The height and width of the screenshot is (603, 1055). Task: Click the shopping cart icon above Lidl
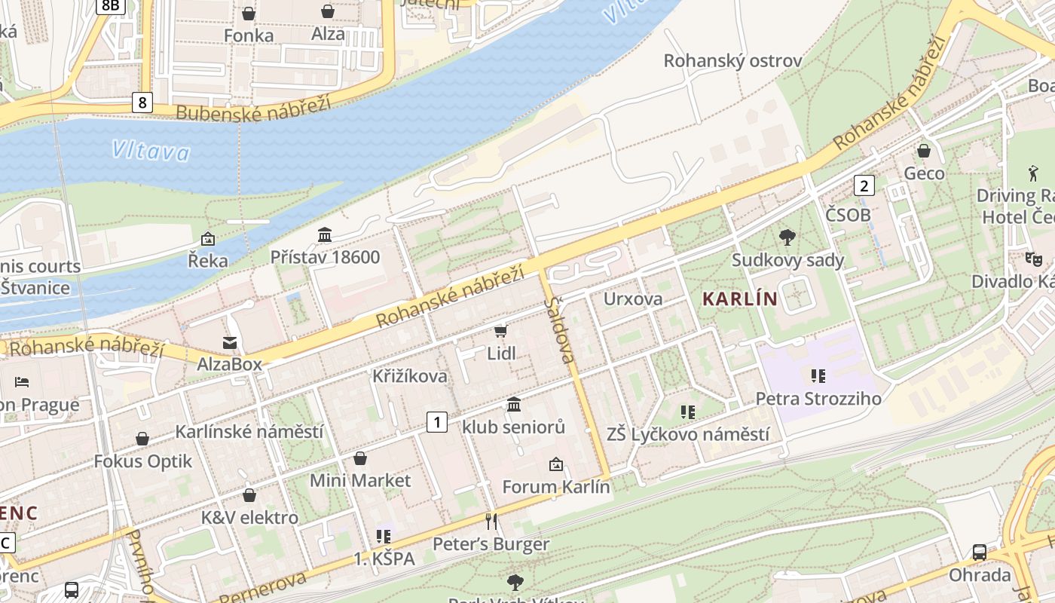click(501, 330)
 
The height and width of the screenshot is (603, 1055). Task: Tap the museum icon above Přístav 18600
click(325, 235)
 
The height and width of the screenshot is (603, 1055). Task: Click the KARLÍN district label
click(739, 298)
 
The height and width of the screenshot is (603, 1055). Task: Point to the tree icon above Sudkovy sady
click(787, 237)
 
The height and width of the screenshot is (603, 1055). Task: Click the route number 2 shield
click(864, 185)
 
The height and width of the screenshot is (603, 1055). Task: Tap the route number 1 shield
click(437, 422)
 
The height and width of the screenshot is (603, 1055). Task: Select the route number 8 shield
click(142, 102)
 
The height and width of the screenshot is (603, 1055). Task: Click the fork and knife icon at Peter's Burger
click(491, 521)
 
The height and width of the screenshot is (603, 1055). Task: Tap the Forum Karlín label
click(555, 487)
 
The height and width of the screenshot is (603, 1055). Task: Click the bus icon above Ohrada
click(979, 552)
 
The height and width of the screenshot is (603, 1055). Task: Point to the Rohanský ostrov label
click(732, 61)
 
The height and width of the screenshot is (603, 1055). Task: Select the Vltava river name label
click(151, 152)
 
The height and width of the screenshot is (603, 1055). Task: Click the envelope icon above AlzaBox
click(230, 343)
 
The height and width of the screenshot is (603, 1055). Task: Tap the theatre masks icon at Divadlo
click(1033, 259)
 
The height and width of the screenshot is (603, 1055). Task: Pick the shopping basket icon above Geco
click(924, 151)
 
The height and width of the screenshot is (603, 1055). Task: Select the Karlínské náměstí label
click(249, 432)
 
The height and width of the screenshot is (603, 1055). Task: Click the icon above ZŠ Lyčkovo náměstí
click(687, 412)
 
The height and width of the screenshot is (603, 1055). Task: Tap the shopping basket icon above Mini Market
click(360, 458)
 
